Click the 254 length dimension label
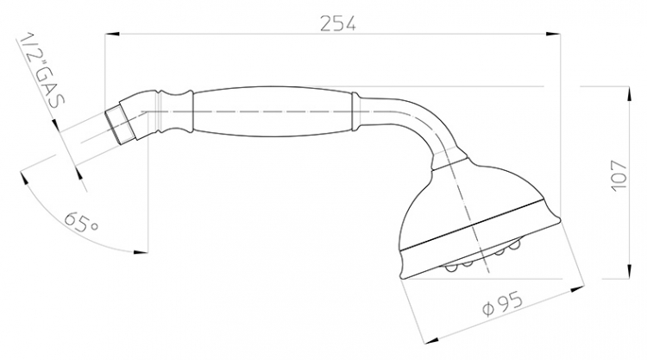tap(338, 23)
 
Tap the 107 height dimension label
tap(619, 175)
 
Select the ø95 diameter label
tap(503, 303)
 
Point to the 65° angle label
tap(82, 222)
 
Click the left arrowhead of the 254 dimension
tap(112, 34)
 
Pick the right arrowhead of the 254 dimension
tap(552, 34)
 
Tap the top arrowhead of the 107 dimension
tap(629, 94)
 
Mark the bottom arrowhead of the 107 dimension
tap(629, 272)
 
